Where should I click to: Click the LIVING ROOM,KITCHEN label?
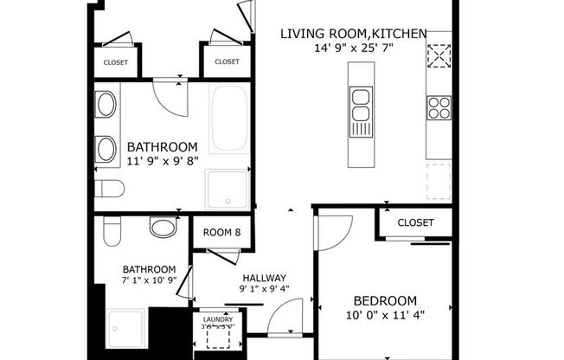353,34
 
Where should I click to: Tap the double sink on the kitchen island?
360,111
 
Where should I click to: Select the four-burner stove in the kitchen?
439,107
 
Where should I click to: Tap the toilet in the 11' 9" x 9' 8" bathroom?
109,189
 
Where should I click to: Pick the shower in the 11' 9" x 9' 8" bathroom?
227,190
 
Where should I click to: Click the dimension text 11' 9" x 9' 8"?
162,162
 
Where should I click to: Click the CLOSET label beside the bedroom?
415,223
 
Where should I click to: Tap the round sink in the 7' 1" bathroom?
163,228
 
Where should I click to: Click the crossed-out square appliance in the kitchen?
439,55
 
